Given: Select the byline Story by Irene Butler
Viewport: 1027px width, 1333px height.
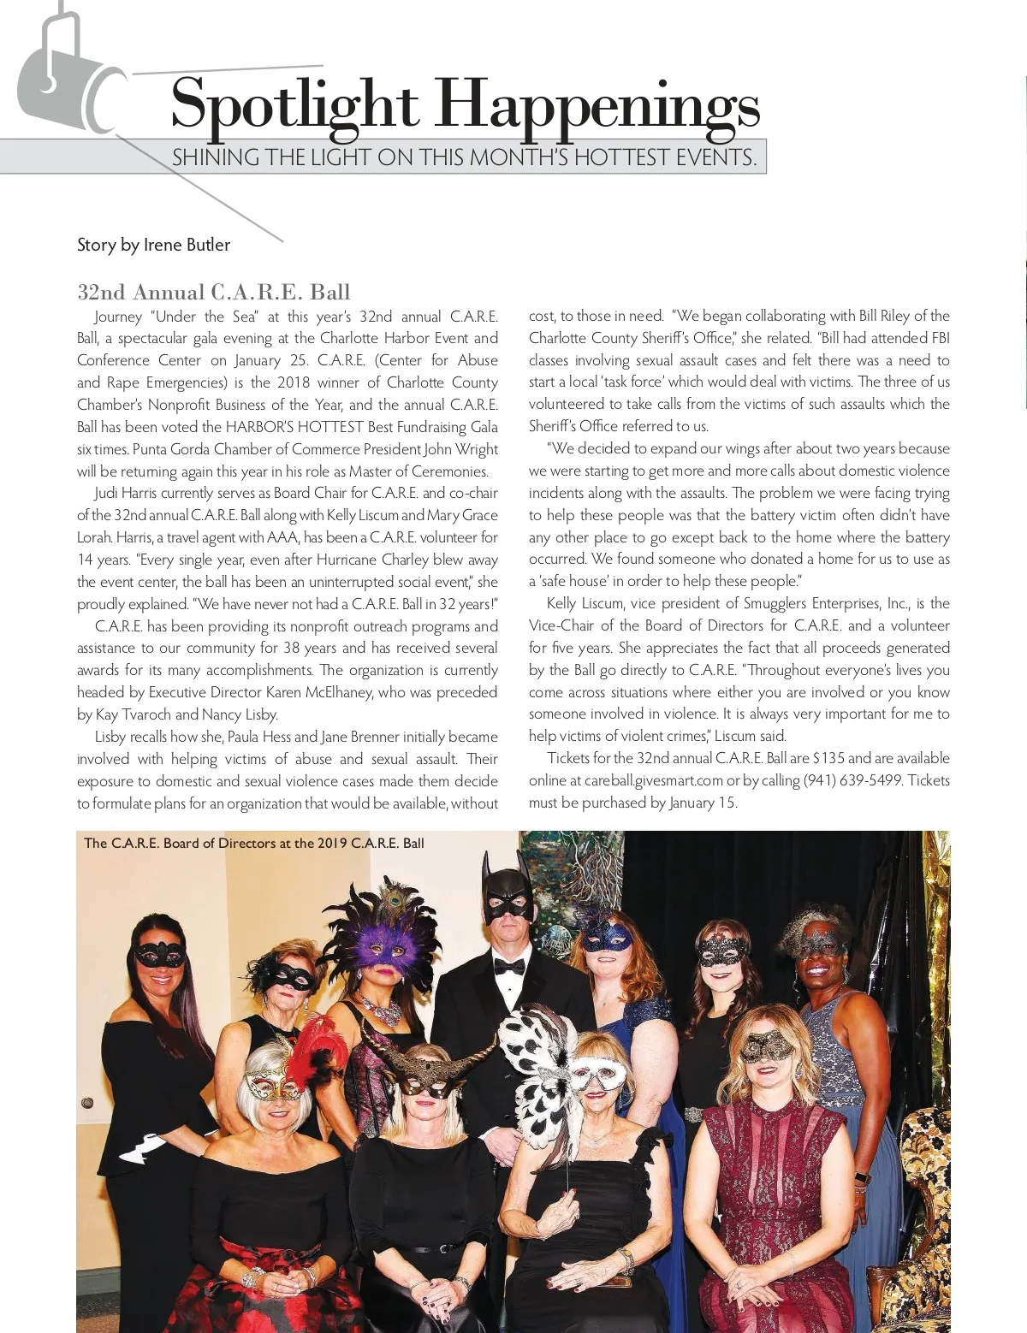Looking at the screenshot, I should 153,245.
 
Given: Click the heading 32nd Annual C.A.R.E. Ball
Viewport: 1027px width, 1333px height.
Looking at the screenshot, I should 214,292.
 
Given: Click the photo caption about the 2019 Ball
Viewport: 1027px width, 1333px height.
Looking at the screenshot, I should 254,843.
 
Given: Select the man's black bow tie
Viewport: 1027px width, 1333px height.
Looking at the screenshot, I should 509,967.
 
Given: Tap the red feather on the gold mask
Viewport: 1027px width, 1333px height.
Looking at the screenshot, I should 303,1048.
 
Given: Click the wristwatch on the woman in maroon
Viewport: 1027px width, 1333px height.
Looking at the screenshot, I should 863,1179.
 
